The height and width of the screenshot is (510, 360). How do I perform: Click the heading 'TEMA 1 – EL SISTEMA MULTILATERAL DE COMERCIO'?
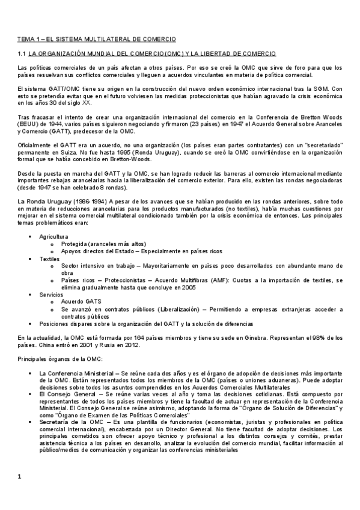[x=96, y=38]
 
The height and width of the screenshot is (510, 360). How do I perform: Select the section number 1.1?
[x=22, y=54]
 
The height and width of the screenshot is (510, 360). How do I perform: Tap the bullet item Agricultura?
[x=53, y=237]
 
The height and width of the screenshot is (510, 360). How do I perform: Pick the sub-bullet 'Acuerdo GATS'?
[x=81, y=301]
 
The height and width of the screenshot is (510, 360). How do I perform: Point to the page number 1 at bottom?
[x=20, y=477]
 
